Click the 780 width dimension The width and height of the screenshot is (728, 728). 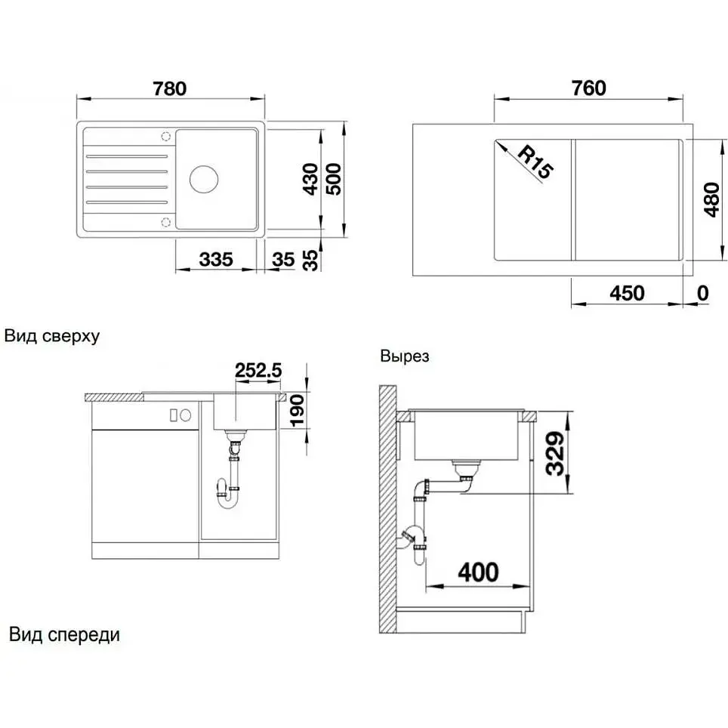click(170, 88)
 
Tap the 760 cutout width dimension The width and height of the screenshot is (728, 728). click(589, 88)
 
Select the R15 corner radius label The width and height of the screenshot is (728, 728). click(535, 162)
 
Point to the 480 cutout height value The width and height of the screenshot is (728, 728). click(711, 199)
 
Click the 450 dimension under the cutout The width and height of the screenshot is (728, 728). click(628, 294)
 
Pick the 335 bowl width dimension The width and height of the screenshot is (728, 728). click(216, 260)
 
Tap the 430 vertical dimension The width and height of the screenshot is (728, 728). click(310, 179)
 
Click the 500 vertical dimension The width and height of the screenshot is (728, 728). click(333, 179)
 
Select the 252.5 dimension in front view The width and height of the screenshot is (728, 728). click(258, 370)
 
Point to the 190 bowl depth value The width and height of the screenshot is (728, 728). click(296, 410)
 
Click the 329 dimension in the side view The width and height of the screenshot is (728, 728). click(555, 453)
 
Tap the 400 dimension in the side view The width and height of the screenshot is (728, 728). click(478, 572)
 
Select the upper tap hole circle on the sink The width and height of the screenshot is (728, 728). click(165, 137)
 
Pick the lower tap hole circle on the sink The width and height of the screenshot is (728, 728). click(165, 222)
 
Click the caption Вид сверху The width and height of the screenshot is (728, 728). click(52, 336)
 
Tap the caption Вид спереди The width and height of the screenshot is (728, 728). click(64, 634)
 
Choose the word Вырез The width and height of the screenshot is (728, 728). click(404, 356)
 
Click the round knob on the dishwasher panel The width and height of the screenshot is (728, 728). click(186, 415)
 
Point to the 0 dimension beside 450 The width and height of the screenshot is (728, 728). click(703, 294)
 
